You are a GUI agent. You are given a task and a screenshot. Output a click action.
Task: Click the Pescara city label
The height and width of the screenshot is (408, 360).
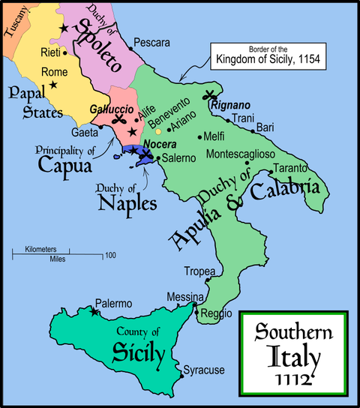pyautogui.click(x=153, y=42)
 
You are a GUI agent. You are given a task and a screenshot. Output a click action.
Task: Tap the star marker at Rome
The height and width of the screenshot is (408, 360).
pyautogui.click(x=53, y=85)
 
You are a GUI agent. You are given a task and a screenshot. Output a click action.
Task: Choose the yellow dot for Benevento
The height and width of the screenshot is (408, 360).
pyautogui.click(x=158, y=131)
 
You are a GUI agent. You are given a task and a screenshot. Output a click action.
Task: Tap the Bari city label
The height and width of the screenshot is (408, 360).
pyautogui.click(x=265, y=128)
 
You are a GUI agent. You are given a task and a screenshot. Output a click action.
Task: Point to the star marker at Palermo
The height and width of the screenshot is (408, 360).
pyautogui.click(x=93, y=310)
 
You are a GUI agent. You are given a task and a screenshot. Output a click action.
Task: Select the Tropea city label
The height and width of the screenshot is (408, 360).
pyautogui.click(x=200, y=271)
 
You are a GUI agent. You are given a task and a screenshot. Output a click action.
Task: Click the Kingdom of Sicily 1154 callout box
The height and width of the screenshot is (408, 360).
pyautogui.click(x=264, y=56)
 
